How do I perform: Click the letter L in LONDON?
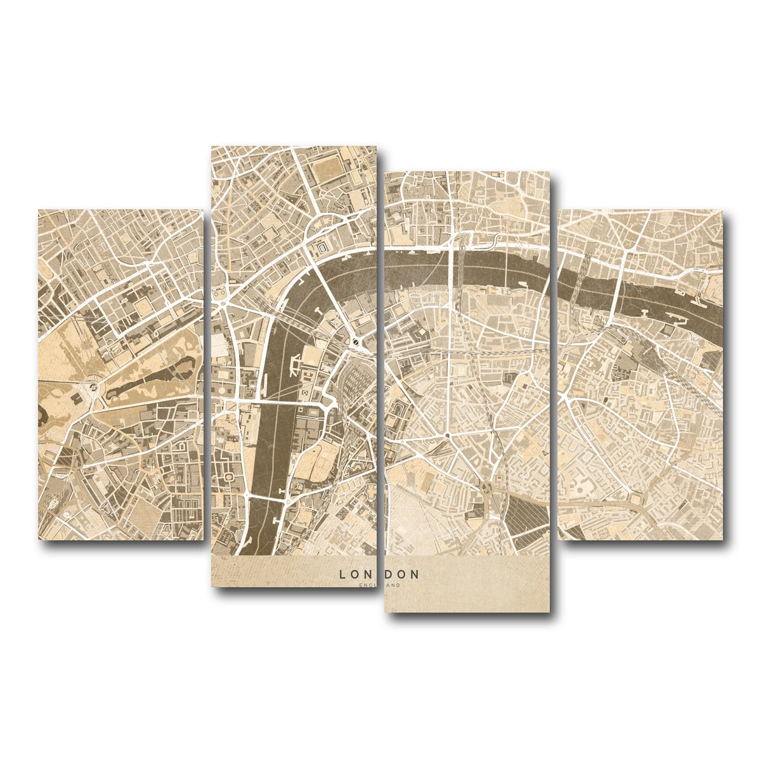point(342,575)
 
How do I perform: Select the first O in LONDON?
point(356,575)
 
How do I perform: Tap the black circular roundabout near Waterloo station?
point(356,343)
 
